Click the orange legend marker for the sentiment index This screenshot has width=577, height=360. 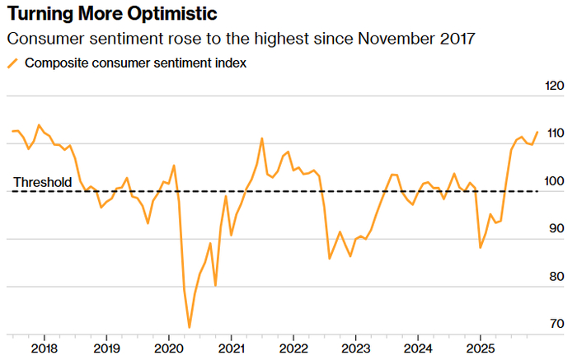point(12,63)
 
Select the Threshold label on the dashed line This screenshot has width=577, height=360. point(43,182)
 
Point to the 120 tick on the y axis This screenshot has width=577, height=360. point(555,86)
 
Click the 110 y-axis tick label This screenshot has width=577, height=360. point(555,134)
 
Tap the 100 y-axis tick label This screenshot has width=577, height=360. point(555,182)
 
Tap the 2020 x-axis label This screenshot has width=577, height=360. point(168,348)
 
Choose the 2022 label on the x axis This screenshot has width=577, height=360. point(293,348)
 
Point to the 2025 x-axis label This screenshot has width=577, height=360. point(480,348)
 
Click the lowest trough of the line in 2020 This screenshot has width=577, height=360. point(190,327)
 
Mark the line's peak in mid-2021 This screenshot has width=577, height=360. point(261,138)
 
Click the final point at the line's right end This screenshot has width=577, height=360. point(537,132)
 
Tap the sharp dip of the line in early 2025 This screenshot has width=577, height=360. point(481,247)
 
